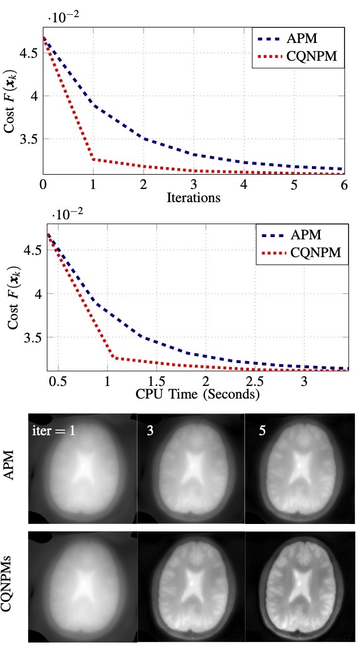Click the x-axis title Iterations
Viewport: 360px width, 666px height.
[x=193, y=198]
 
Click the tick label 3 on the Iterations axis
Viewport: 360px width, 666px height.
[x=193, y=186]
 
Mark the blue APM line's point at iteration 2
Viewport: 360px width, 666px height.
[x=143, y=138]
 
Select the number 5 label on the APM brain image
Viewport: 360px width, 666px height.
[x=262, y=431]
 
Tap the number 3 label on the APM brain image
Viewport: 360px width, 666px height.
[x=150, y=431]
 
